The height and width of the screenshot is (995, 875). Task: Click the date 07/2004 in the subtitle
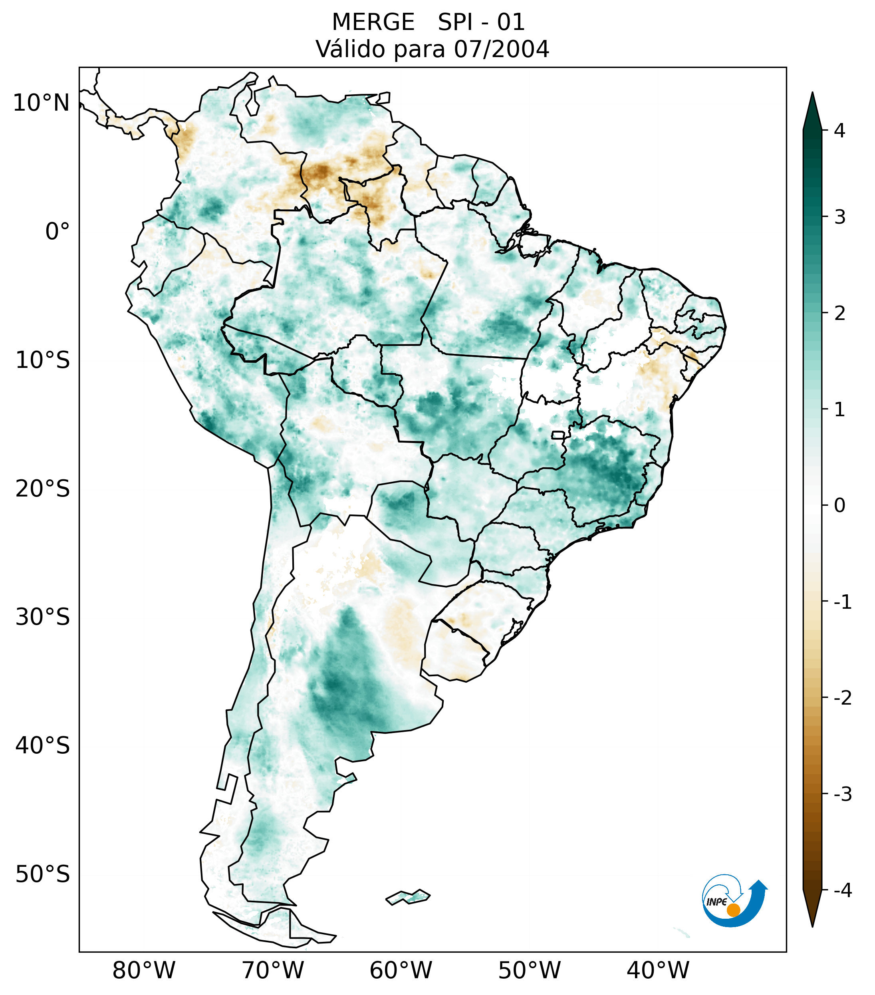[501, 49]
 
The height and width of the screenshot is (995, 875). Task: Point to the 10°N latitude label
[42, 103]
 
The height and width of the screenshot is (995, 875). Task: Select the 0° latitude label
[58, 232]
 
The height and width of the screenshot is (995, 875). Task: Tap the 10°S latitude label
[43, 360]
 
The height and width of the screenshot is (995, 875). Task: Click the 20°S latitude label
[43, 489]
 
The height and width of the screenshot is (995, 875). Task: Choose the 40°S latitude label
[43, 745]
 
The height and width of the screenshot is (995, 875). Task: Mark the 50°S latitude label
[43, 874]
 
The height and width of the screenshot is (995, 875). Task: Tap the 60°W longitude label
[401, 970]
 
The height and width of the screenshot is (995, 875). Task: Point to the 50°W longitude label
[530, 970]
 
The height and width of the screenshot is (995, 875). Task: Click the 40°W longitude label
[658, 970]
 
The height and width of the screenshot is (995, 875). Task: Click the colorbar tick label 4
[839, 131]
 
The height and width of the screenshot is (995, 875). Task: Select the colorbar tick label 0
[839, 505]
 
